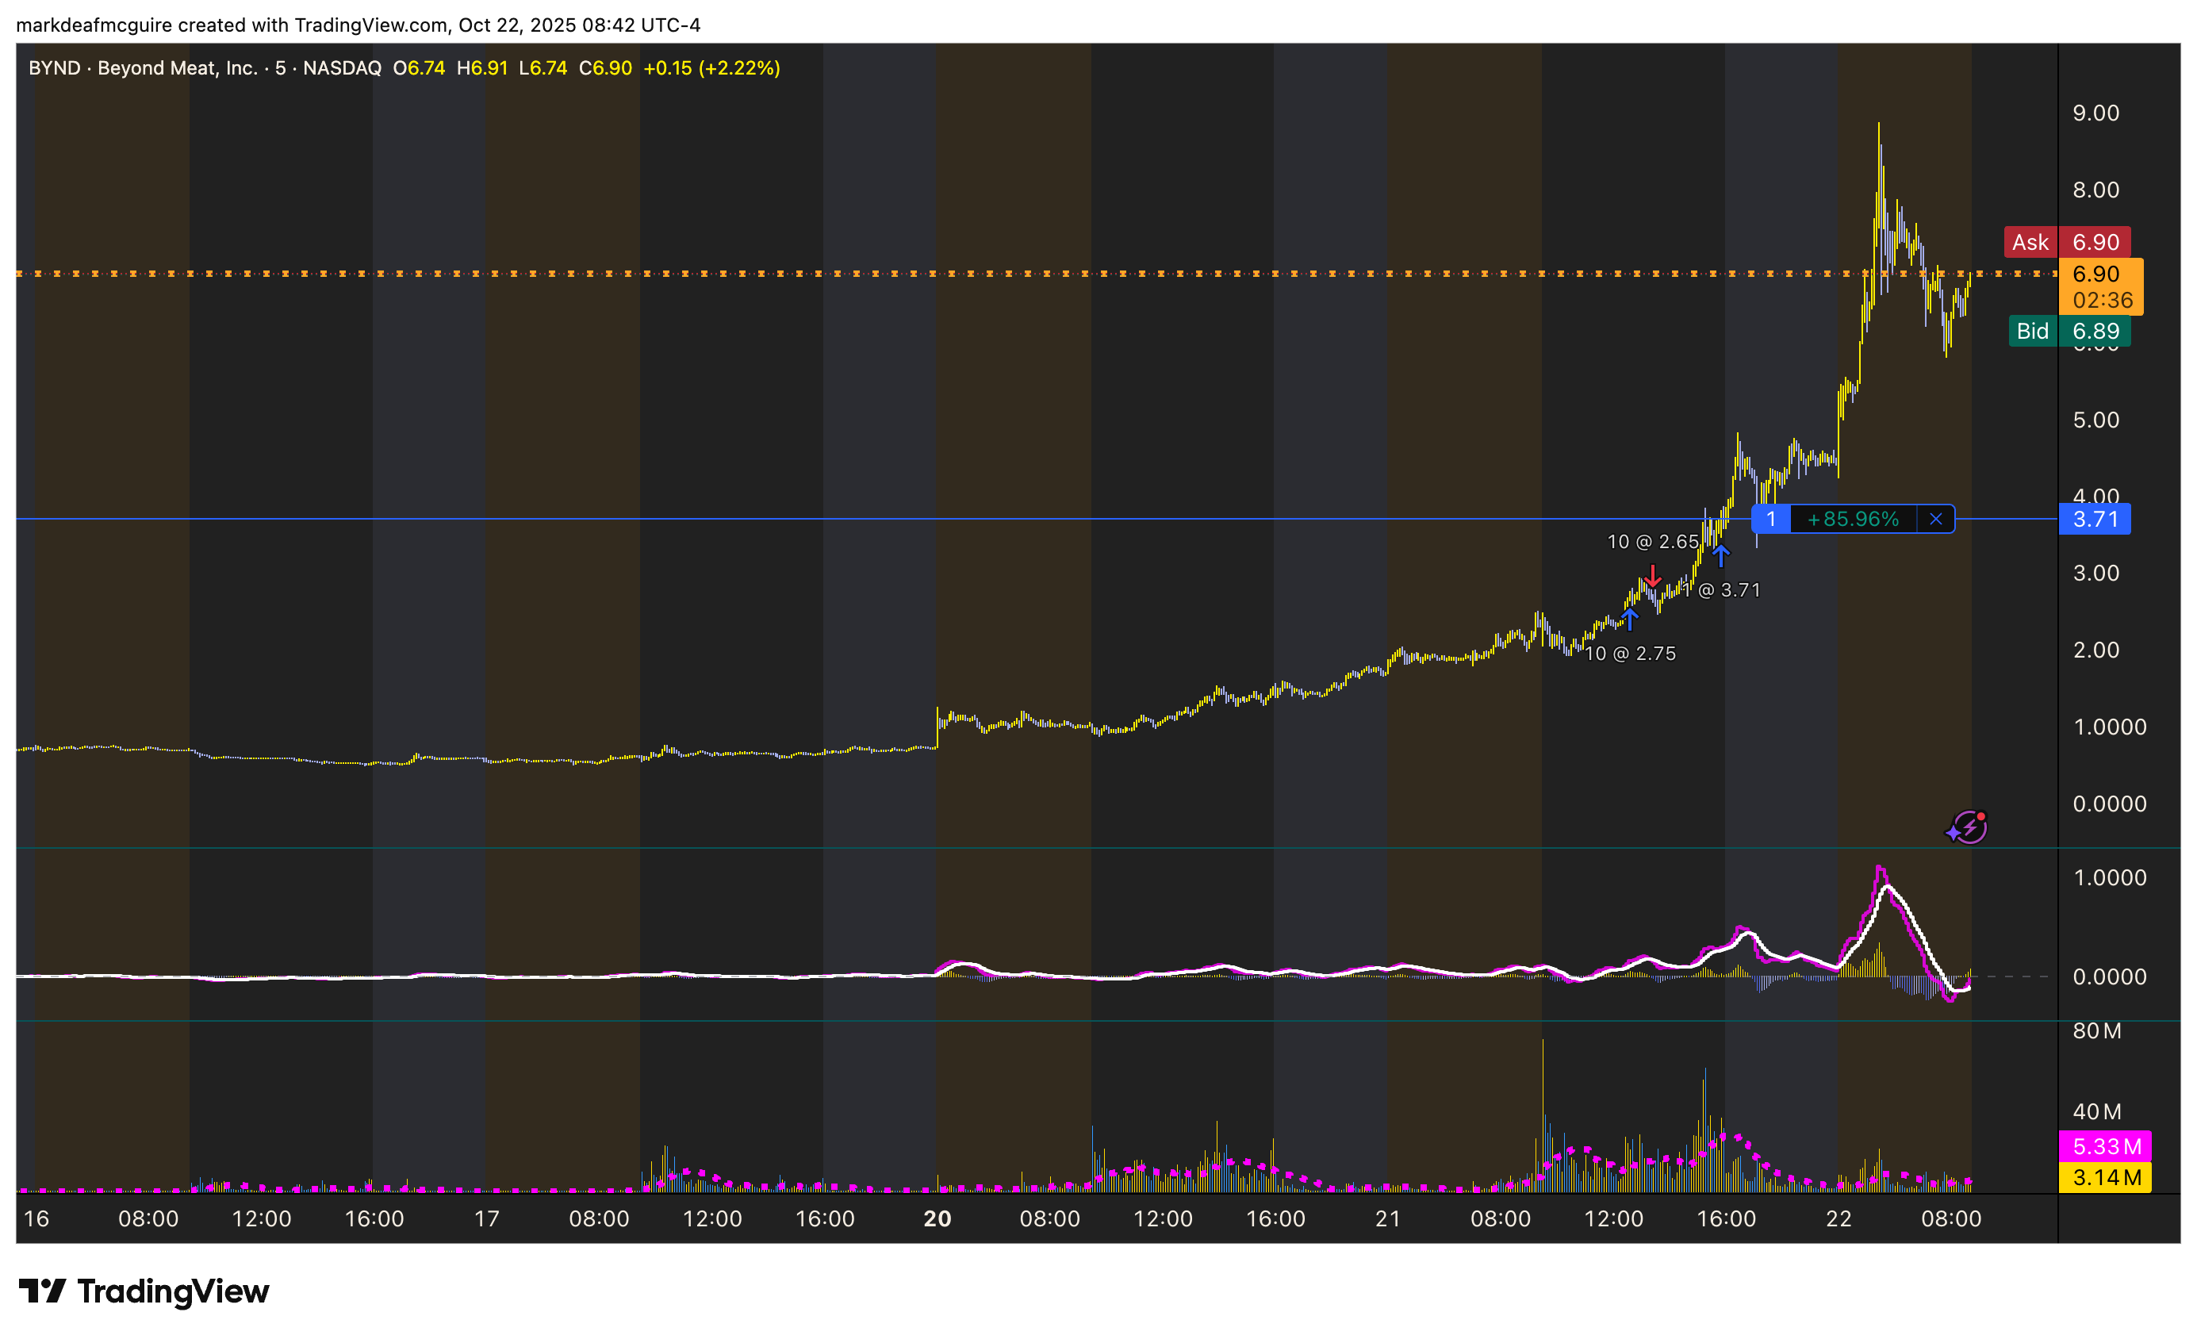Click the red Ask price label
[x=2067, y=242]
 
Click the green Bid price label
[x=2069, y=331]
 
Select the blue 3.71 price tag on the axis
[x=2094, y=519]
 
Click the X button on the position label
[x=1936, y=519]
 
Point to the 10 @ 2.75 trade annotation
[x=1630, y=654]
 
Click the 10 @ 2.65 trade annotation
[x=1652, y=541]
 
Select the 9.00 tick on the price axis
[x=2095, y=113]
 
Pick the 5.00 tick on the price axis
[x=2095, y=420]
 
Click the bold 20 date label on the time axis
[x=937, y=1218]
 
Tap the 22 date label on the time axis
[x=1839, y=1218]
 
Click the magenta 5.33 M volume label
[x=2105, y=1145]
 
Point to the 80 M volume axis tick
[x=2096, y=1030]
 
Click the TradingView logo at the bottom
[x=144, y=1291]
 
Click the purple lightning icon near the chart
[x=1967, y=827]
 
